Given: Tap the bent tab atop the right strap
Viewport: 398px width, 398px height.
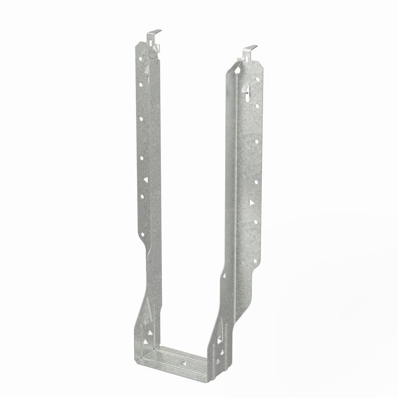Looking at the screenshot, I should click(x=250, y=49).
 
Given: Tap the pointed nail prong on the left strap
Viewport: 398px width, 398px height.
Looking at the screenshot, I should click(x=147, y=70).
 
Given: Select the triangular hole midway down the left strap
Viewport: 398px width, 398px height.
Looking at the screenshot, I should click(x=146, y=180).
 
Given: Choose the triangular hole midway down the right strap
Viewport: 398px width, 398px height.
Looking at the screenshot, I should click(x=252, y=202).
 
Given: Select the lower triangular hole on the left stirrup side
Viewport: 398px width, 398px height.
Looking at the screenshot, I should click(x=146, y=341).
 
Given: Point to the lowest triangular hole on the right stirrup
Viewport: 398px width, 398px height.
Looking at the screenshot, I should click(x=217, y=361).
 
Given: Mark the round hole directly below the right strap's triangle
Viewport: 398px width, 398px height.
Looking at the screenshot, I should click(x=255, y=221).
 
